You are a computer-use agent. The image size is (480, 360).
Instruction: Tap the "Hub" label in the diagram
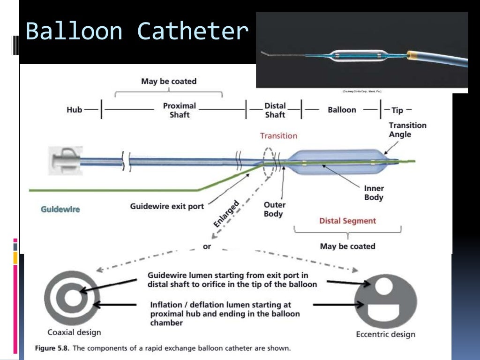[x=74, y=110]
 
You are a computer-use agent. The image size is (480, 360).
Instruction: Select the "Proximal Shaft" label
[x=180, y=110]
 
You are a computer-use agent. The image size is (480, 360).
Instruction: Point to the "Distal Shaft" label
[x=275, y=110]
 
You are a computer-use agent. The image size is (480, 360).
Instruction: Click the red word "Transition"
[x=279, y=135]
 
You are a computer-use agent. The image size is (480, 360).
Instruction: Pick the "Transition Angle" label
[x=407, y=130]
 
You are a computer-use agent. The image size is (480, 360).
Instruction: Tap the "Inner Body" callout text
[x=374, y=193]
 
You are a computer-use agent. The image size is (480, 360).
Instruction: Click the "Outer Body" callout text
[x=274, y=209]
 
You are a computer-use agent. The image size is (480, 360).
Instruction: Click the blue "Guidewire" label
[x=60, y=209]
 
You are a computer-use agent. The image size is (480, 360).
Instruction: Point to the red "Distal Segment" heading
[x=347, y=220]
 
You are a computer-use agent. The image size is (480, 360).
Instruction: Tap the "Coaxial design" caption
[x=74, y=332]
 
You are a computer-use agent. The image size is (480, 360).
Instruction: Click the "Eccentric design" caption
[x=386, y=334]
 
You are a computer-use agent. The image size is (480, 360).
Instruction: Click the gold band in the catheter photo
[x=412, y=56]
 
